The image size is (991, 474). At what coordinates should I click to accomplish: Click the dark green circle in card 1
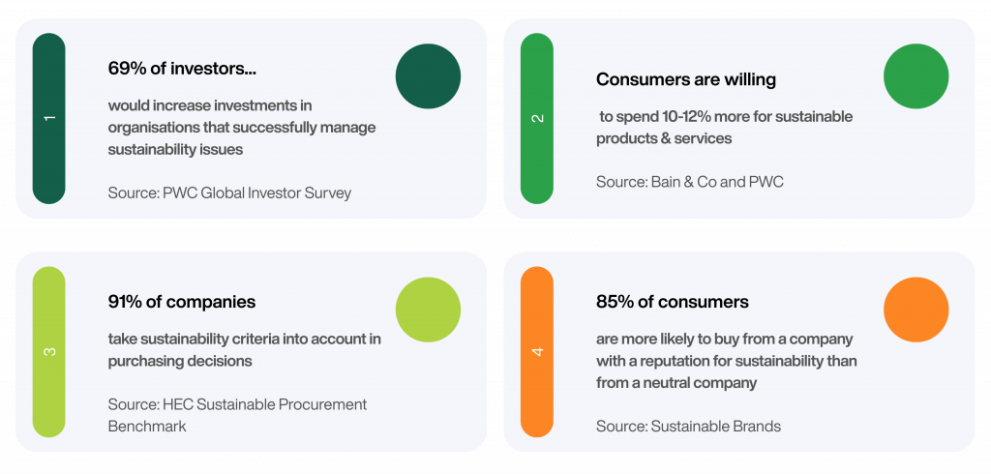coord(428,75)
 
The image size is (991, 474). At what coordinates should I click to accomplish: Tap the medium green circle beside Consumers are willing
coord(916,75)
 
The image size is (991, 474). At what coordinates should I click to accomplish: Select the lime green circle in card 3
coord(428,310)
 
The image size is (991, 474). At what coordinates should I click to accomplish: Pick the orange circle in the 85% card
coord(916,310)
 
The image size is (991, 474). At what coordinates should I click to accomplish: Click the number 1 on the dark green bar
coord(50,118)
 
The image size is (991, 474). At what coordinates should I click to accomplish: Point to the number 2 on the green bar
coord(538,118)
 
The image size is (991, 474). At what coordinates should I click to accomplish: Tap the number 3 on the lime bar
coord(50,351)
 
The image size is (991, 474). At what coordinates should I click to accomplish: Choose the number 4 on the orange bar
coord(538,351)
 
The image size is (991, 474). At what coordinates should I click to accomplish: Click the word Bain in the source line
coord(665,182)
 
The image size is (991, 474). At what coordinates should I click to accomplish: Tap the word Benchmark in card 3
coord(147,426)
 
